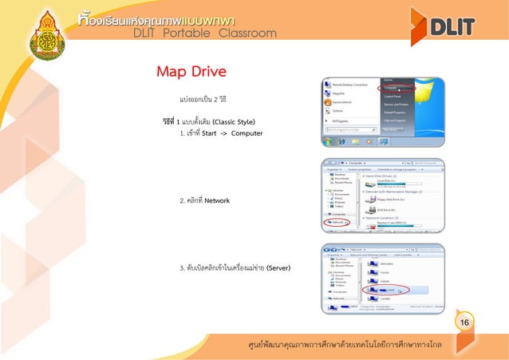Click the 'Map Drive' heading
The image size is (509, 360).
pos(191,72)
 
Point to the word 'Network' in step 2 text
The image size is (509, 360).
pos(218,200)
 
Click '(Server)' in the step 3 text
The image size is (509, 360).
pos(279,267)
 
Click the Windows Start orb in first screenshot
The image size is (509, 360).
pos(328,142)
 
